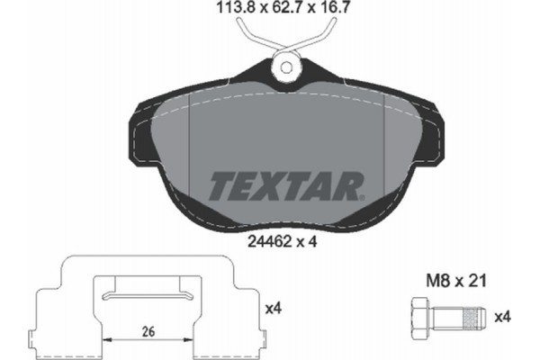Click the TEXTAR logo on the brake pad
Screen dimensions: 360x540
286,185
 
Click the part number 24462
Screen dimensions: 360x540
269,242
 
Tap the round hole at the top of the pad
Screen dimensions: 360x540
287,67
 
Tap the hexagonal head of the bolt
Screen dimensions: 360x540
420,317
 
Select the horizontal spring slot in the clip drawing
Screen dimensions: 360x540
148,293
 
